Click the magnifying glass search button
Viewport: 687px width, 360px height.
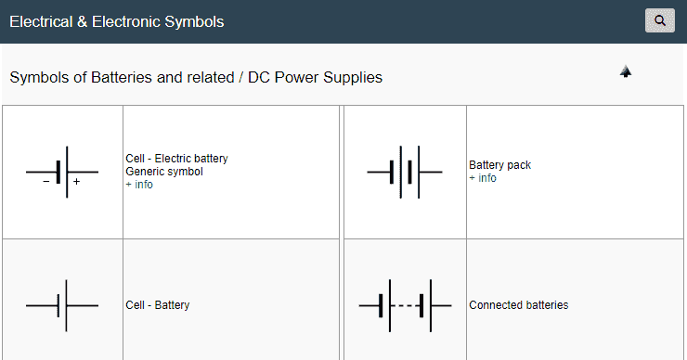[x=659, y=20]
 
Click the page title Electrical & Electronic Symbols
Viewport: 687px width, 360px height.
[x=116, y=21]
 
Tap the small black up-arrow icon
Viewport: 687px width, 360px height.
[x=626, y=71]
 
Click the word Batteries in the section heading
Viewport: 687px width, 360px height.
[x=122, y=78]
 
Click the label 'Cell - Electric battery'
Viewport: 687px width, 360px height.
[x=176, y=159]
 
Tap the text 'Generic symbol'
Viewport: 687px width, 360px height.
[x=163, y=172]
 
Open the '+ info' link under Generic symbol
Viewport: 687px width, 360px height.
[x=139, y=185]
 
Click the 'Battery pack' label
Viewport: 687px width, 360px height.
[x=499, y=165]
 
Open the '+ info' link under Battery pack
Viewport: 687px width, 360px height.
[x=483, y=178]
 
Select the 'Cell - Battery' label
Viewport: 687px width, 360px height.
[x=158, y=305]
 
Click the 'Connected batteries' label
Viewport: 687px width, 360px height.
[x=518, y=305]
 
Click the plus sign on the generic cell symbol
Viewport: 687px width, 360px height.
[x=76, y=182]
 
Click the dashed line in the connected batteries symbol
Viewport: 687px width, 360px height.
[x=406, y=305]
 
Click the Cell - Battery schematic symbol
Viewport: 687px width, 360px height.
[x=62, y=305]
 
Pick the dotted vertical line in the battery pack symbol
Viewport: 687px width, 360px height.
[x=400, y=172]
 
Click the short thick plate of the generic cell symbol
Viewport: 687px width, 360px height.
[x=58, y=172]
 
